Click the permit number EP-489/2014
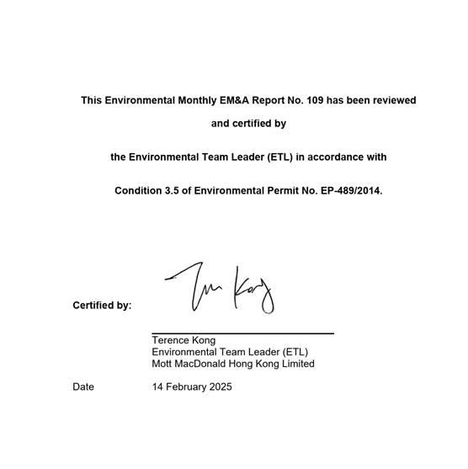(351, 191)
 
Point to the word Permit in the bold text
(270, 191)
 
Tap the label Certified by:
(102, 306)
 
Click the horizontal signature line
(242, 333)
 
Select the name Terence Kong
(183, 341)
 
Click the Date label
(83, 387)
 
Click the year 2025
(220, 387)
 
